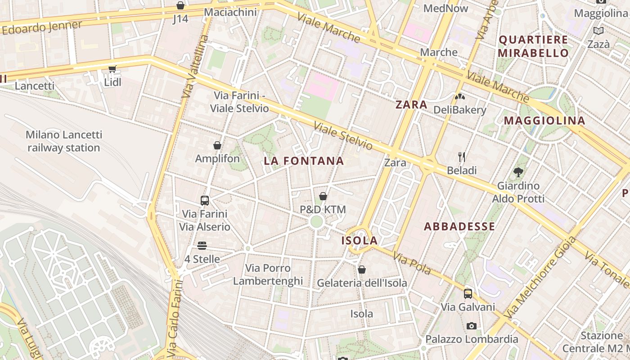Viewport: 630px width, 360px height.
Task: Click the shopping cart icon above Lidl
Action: (112, 69)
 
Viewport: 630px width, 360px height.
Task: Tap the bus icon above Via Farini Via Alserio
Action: (204, 200)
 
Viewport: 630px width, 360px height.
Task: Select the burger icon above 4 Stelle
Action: (202, 246)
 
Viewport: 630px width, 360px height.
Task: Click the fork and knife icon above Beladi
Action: (461, 157)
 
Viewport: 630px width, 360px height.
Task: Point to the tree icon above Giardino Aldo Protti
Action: (518, 172)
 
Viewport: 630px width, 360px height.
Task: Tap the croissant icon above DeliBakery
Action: (459, 96)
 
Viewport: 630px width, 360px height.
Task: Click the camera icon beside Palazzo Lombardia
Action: (471, 326)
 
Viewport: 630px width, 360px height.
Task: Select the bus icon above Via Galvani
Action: (468, 294)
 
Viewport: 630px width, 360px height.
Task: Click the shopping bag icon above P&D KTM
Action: (323, 196)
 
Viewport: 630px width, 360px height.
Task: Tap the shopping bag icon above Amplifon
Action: (217, 145)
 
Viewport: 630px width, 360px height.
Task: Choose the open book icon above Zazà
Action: (598, 31)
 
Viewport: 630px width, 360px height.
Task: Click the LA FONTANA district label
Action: (304, 161)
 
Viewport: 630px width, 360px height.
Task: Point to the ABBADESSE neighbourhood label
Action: (459, 226)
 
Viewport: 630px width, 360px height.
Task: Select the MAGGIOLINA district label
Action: (544, 121)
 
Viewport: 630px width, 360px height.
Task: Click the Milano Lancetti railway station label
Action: (64, 141)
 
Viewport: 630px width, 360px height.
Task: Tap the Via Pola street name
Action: (412, 264)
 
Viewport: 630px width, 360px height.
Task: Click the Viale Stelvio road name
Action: (343, 136)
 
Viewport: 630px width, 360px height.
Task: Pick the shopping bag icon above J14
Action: (180, 5)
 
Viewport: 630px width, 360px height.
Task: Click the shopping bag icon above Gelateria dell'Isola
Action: (362, 270)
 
